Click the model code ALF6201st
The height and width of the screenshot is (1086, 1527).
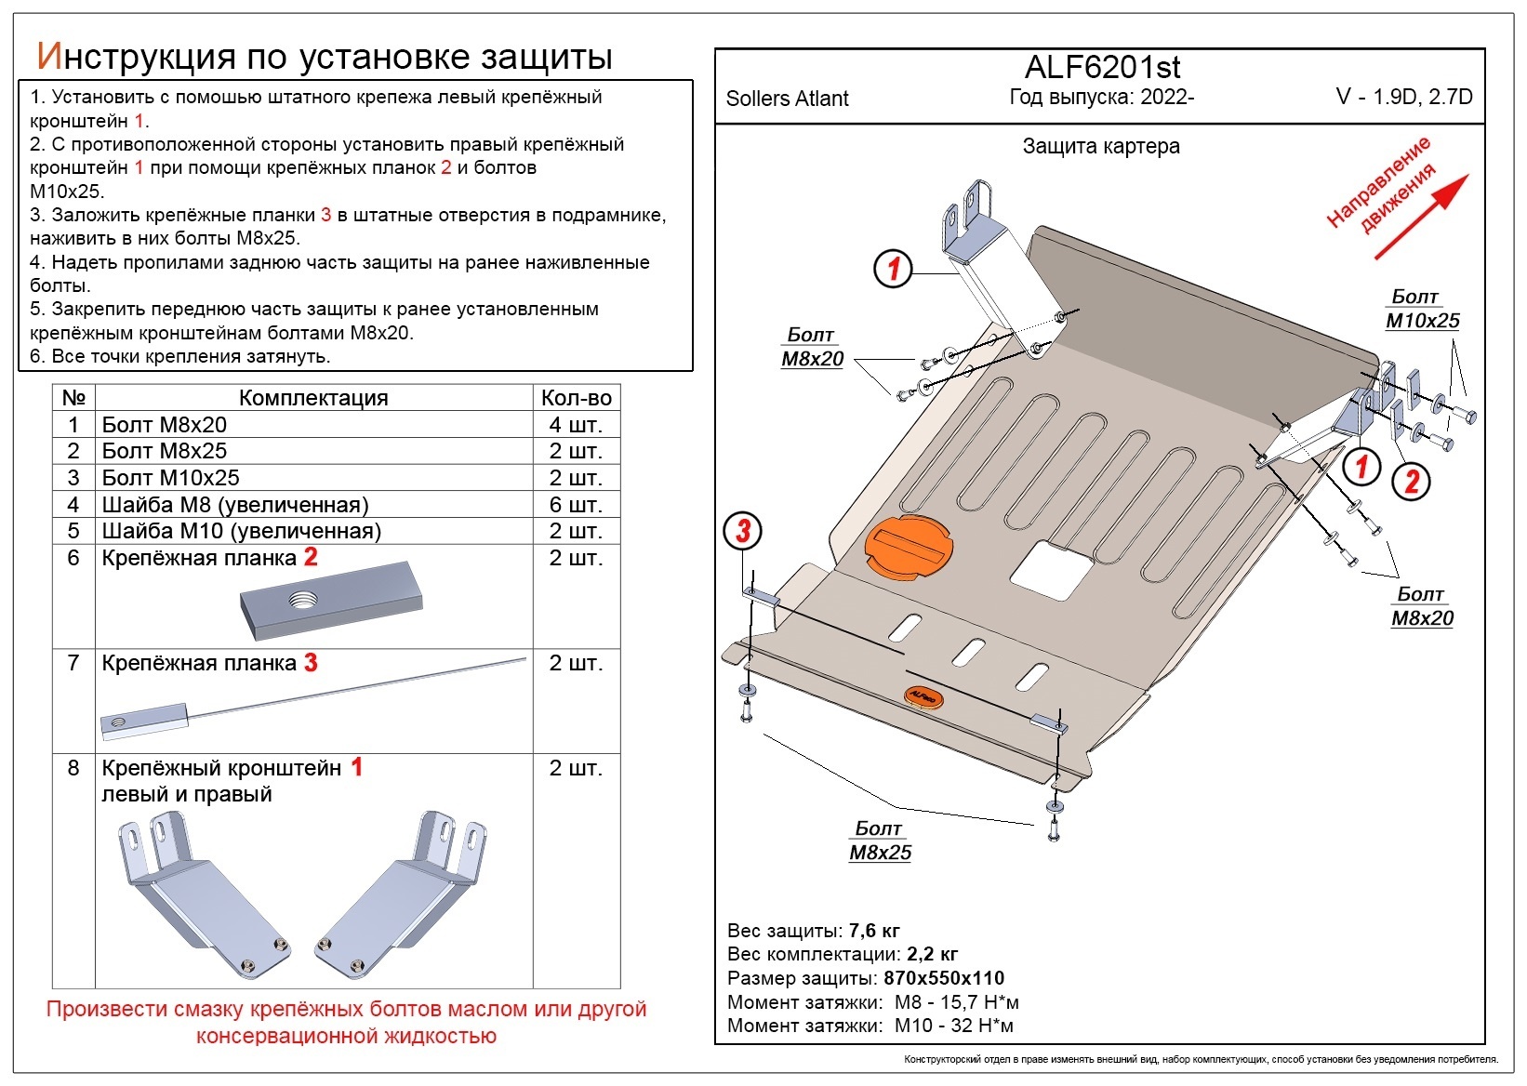[1102, 67]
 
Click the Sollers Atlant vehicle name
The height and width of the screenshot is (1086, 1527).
[787, 99]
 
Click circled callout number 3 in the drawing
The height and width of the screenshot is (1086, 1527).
[742, 532]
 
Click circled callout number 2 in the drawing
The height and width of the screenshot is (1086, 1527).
[1411, 482]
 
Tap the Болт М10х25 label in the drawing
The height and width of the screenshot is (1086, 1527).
[1422, 310]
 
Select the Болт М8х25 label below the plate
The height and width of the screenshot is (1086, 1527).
[880, 841]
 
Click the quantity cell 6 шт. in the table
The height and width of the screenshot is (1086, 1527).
[576, 505]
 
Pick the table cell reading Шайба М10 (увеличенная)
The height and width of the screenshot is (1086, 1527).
[242, 531]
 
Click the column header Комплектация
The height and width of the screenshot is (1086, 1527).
[313, 398]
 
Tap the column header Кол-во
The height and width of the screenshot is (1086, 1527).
[576, 398]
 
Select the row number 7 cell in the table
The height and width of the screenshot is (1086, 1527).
[73, 663]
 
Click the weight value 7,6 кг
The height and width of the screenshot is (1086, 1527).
[874, 931]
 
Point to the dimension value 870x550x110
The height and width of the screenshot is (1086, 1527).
[943, 978]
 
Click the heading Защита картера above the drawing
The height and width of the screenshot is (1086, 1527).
[1101, 146]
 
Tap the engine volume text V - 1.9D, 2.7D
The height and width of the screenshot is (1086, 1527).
[1403, 97]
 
